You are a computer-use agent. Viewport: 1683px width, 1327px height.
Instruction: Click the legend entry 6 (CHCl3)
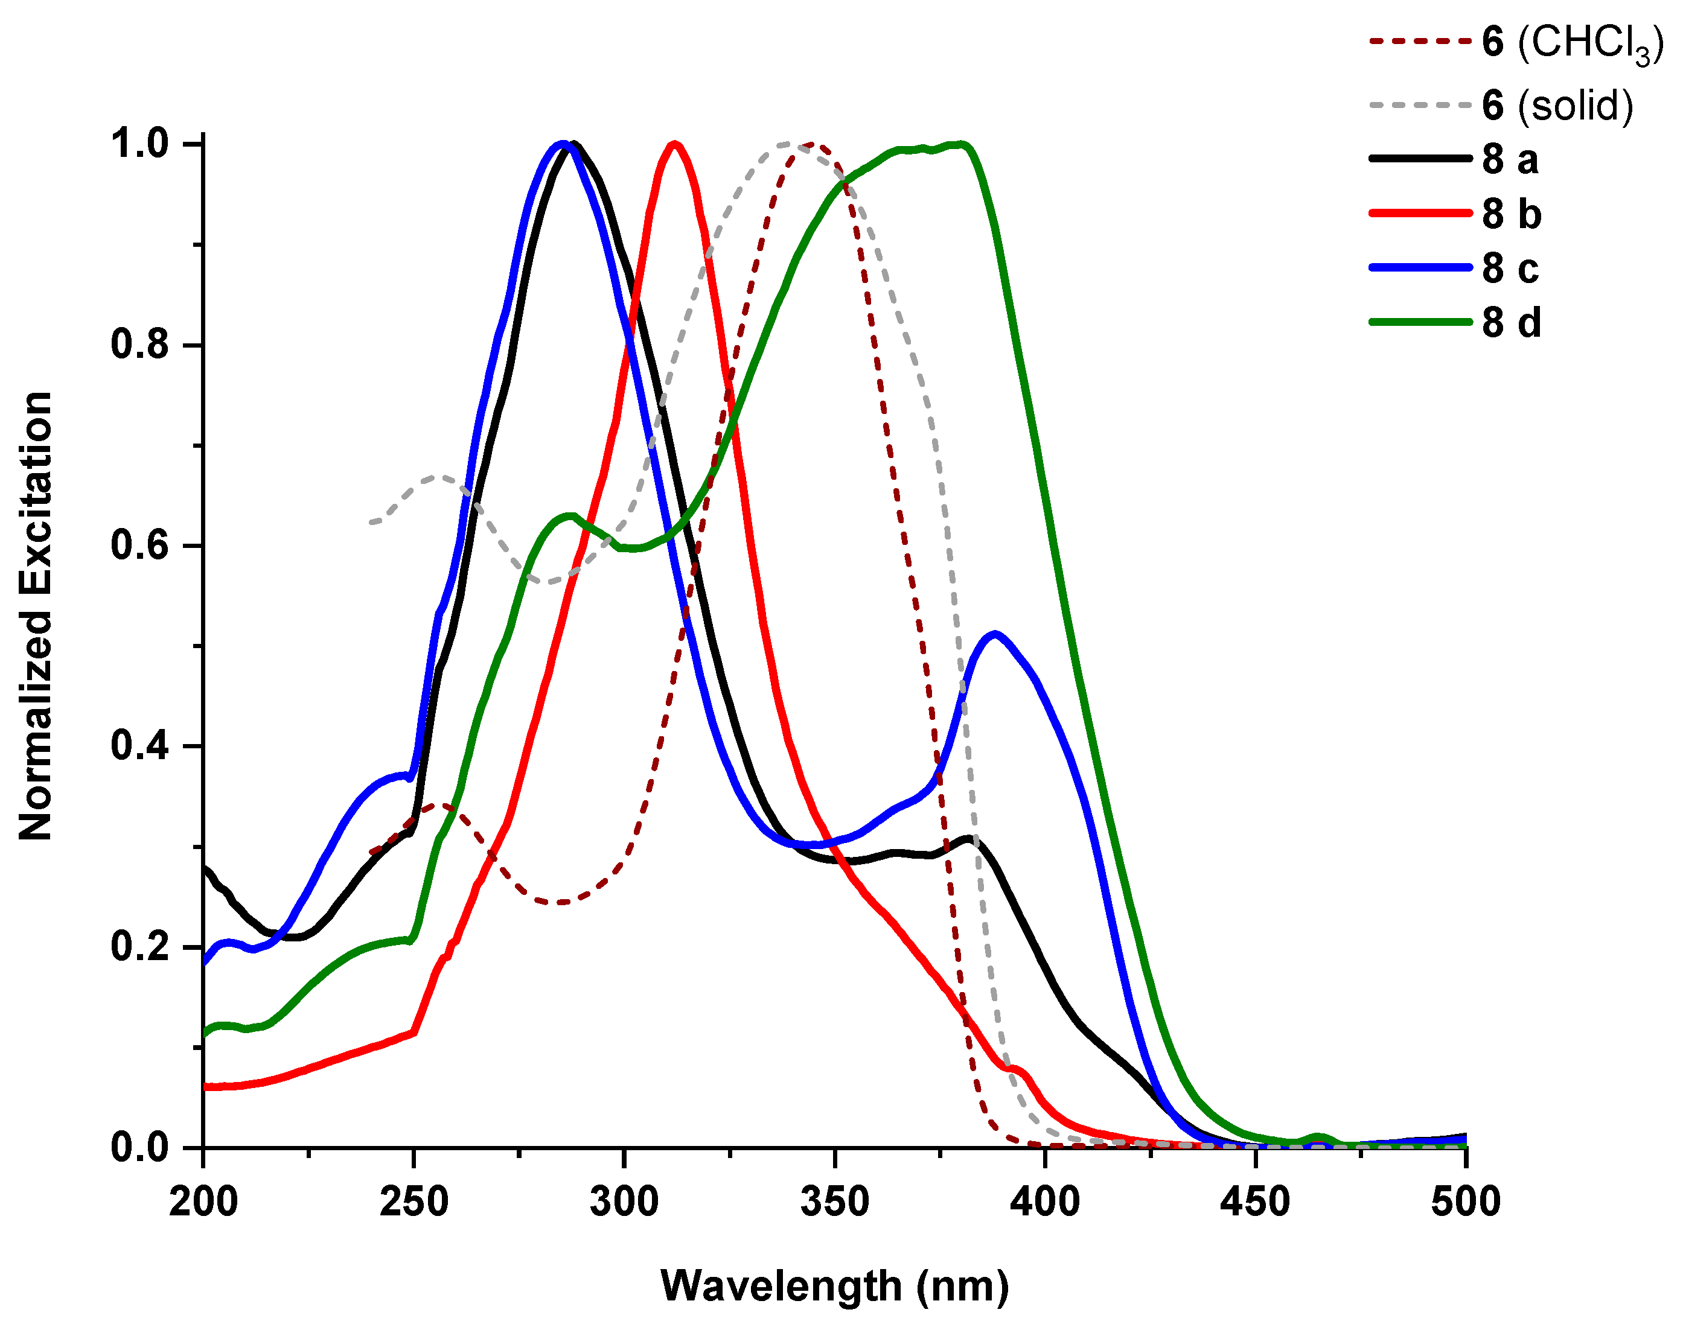tap(1571, 43)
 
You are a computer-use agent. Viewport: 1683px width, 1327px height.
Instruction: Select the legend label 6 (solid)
tap(1557, 106)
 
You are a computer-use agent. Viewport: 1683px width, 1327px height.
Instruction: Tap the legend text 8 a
tap(1510, 160)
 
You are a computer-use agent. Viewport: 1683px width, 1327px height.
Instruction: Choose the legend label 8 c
tap(1510, 269)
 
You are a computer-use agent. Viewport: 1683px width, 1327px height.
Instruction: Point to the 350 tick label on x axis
tap(834, 1202)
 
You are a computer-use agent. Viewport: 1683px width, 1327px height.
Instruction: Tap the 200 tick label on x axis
tap(203, 1202)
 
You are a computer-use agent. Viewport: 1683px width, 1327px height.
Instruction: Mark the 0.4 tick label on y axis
tap(140, 746)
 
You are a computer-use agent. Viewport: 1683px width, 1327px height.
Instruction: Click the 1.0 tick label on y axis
tap(140, 144)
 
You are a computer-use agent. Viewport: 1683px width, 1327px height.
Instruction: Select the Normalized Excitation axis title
tap(36, 616)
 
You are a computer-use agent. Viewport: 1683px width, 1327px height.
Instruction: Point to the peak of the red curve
tap(674, 144)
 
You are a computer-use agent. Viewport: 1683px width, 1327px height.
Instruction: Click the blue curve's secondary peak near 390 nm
tap(995, 634)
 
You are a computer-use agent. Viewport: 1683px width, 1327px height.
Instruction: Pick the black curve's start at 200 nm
tap(205, 867)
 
